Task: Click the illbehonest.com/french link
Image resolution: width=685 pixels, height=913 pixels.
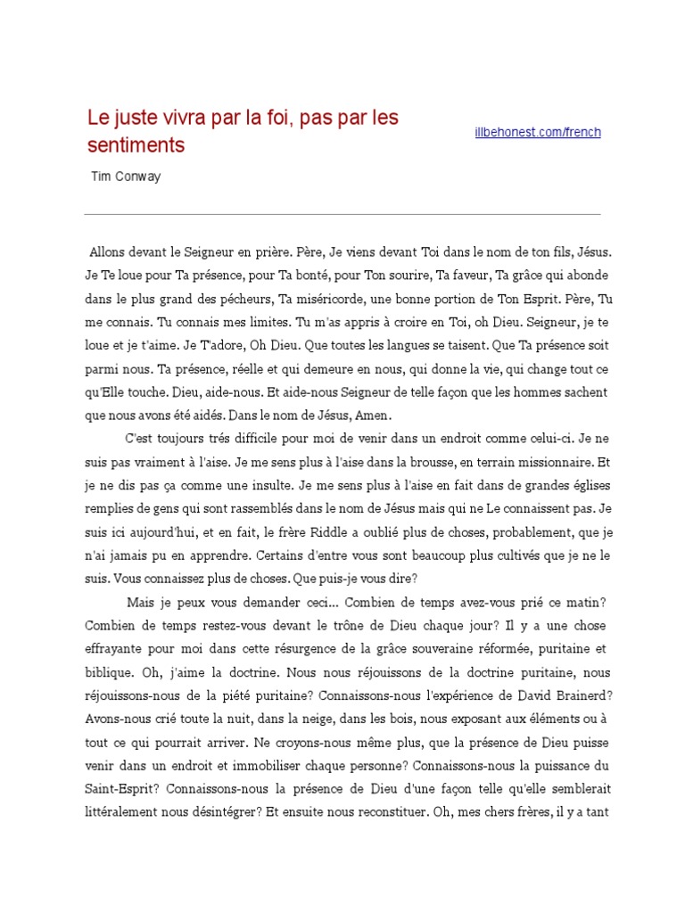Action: (537, 132)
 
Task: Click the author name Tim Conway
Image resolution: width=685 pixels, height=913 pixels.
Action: (126, 177)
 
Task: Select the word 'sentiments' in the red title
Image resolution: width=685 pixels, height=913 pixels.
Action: (136, 144)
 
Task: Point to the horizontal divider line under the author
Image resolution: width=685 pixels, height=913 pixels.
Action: (342, 214)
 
